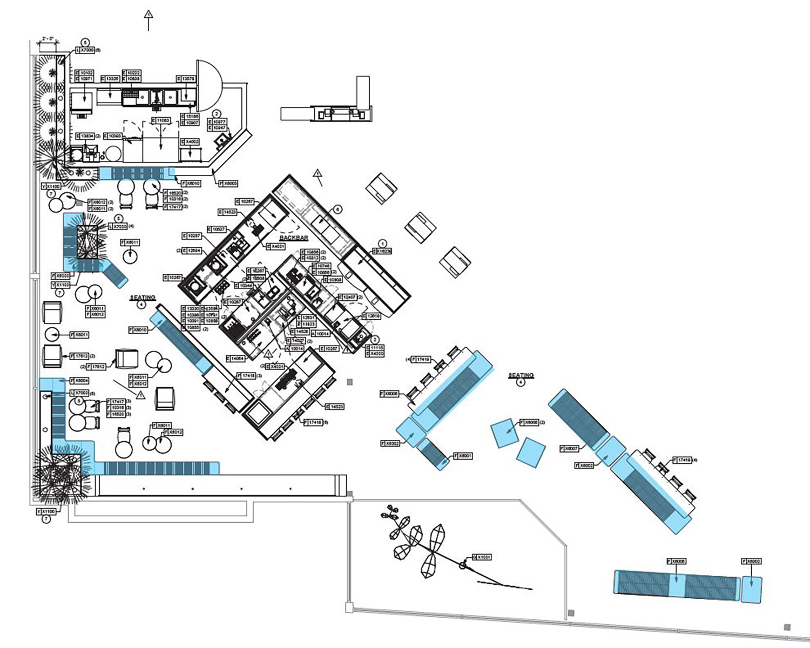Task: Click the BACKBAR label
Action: (x=294, y=238)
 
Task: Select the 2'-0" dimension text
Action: (x=48, y=39)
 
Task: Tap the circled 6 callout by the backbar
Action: (x=338, y=209)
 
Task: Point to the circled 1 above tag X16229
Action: (x=383, y=244)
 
